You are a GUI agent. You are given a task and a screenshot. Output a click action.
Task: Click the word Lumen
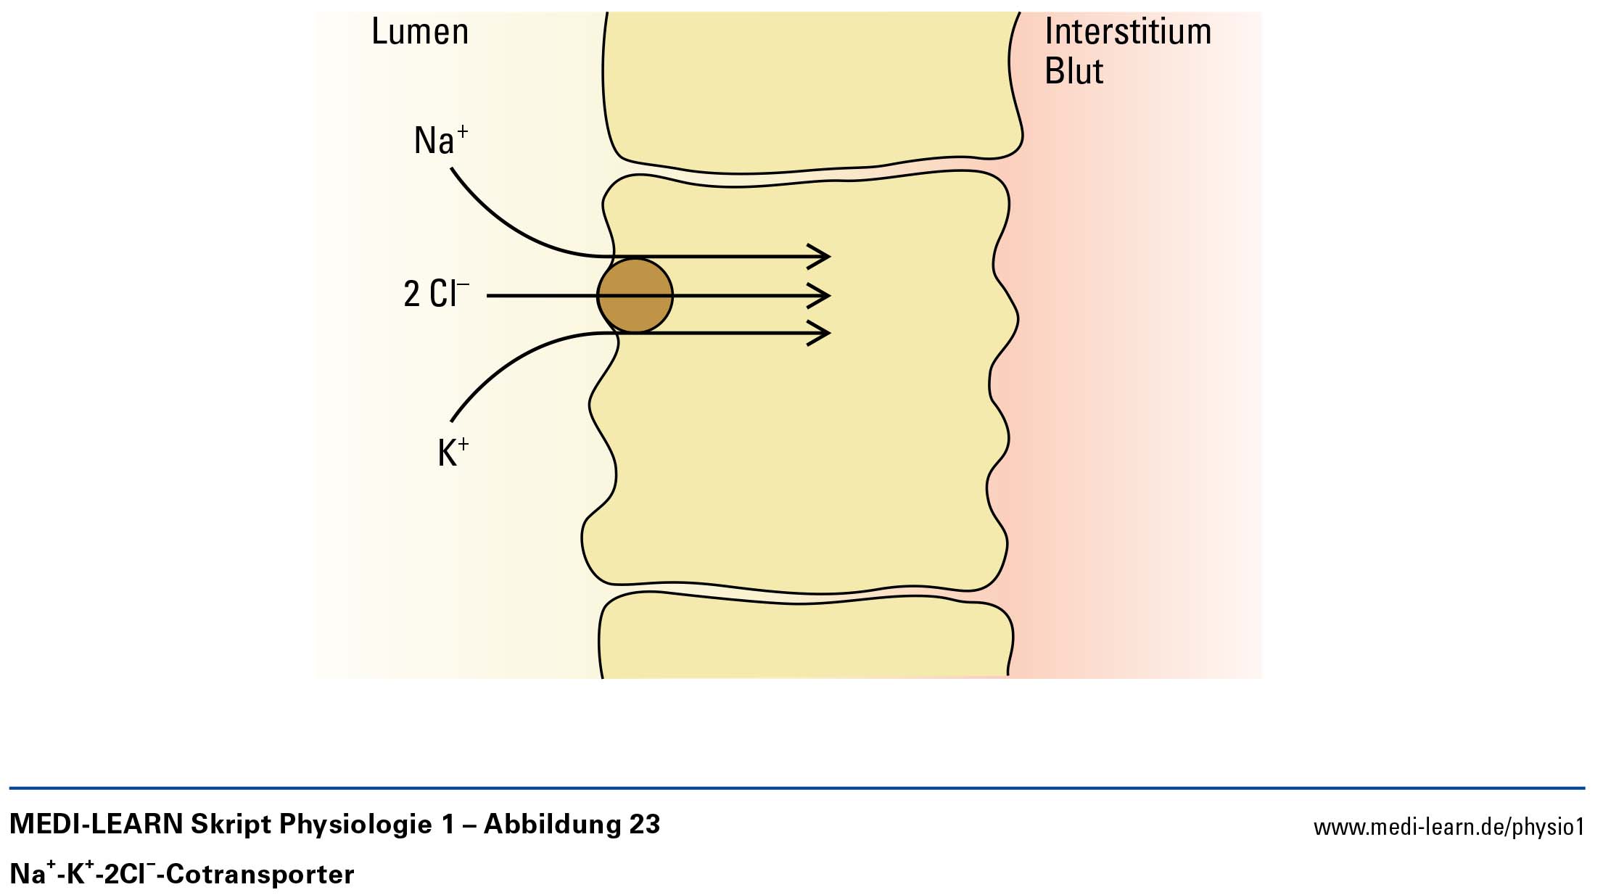pos(420,33)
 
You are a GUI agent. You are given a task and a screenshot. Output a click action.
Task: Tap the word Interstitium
pos(1128,33)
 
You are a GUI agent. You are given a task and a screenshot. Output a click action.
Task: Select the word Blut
pos(1074,72)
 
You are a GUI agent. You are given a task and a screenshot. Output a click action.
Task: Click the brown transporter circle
pos(635,296)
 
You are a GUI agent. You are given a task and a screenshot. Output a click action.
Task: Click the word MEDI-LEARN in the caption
pos(96,825)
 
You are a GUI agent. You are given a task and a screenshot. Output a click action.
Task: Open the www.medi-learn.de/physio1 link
pos(1449,827)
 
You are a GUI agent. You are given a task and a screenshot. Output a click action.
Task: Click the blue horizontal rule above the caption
pos(798,788)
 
